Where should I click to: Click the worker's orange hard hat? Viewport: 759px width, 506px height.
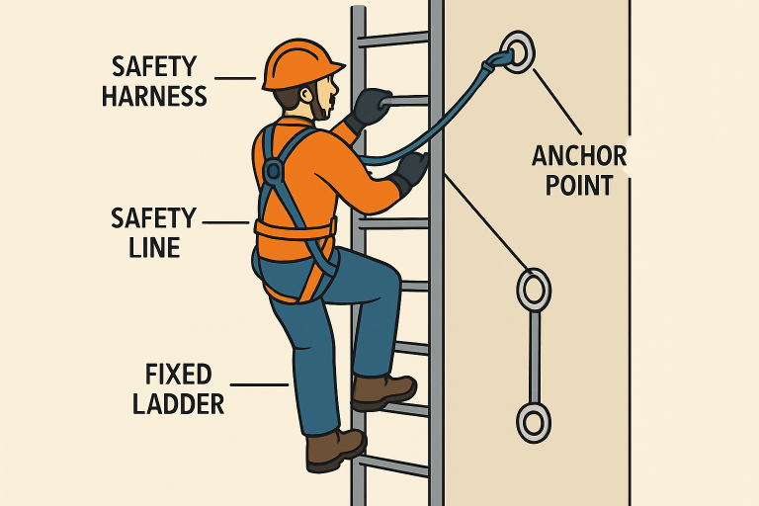(300, 65)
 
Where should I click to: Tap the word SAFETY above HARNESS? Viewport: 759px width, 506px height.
(154, 66)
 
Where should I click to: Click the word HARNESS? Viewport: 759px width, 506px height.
(154, 96)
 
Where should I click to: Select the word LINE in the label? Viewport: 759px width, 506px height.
(154, 247)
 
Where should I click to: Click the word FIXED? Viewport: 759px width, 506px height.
(179, 374)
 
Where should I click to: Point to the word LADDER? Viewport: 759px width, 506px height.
(179, 404)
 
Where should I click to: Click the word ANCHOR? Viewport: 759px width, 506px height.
(579, 156)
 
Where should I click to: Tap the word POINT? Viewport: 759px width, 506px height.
(579, 186)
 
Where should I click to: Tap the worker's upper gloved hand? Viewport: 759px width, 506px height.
(369, 108)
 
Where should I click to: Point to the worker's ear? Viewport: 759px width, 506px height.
(306, 95)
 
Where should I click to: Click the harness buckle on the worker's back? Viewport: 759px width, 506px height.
(274, 170)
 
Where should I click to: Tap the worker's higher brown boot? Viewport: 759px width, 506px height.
(383, 391)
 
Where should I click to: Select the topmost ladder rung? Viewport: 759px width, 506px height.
(393, 39)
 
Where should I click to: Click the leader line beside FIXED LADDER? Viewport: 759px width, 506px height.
(260, 385)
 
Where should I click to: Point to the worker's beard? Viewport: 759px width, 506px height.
(319, 108)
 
